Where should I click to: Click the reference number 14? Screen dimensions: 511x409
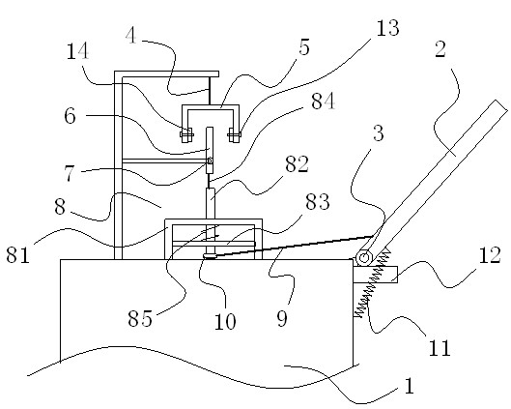(x=77, y=51)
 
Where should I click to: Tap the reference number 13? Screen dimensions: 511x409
(x=387, y=28)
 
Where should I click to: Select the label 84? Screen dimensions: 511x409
(x=323, y=102)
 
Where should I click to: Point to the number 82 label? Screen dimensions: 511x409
(x=297, y=164)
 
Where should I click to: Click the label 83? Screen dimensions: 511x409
(x=318, y=201)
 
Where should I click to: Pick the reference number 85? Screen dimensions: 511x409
(x=140, y=318)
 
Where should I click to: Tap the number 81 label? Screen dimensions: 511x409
(x=18, y=254)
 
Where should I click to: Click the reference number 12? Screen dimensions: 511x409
(x=490, y=255)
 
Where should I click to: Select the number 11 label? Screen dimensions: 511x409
(x=440, y=348)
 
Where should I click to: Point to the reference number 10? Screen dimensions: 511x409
(x=225, y=321)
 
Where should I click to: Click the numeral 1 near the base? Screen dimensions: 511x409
(x=410, y=386)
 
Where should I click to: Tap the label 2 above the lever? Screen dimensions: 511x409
(x=440, y=50)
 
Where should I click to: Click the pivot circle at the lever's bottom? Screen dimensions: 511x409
(x=364, y=258)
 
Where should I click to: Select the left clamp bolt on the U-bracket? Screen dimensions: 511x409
(x=186, y=134)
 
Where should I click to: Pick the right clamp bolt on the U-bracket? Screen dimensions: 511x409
(x=235, y=134)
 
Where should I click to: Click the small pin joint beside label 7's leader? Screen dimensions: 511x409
(x=210, y=161)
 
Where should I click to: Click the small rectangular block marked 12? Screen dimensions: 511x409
(x=375, y=275)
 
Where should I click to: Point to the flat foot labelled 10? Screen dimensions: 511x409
(x=210, y=256)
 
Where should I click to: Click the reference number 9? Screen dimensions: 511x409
(x=282, y=319)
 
